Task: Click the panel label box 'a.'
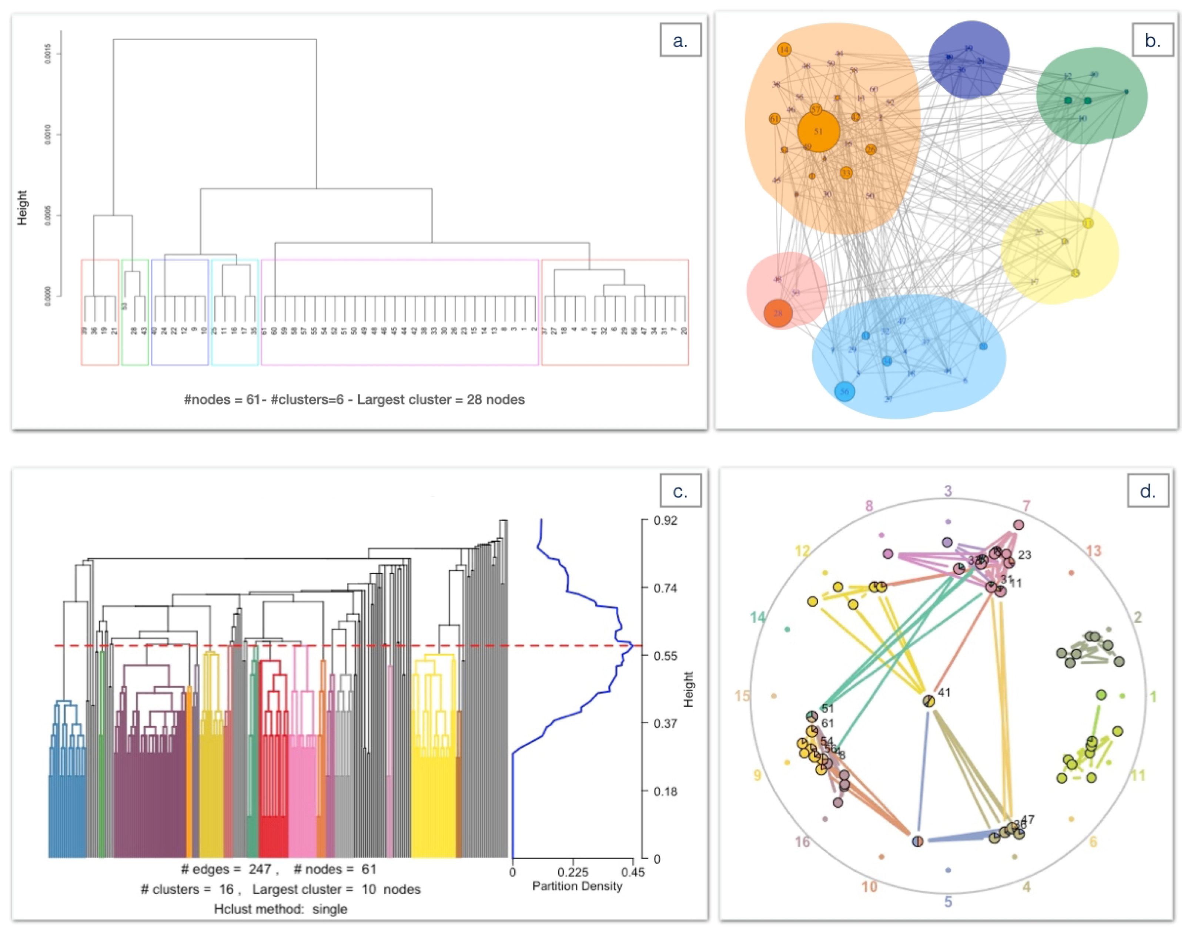click(680, 40)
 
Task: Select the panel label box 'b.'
click(1152, 40)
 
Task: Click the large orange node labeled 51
click(818, 131)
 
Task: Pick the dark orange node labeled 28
click(778, 313)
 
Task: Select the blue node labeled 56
click(844, 391)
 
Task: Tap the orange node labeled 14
click(784, 50)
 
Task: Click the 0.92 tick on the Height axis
click(665, 521)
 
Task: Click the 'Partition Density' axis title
click(577, 886)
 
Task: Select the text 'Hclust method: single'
click(281, 909)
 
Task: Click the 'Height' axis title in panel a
click(22, 207)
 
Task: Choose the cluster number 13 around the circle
click(1093, 551)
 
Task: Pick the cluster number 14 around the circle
click(757, 617)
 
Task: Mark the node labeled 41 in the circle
click(929, 700)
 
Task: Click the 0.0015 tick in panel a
click(49, 54)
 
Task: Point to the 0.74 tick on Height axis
click(665, 588)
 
